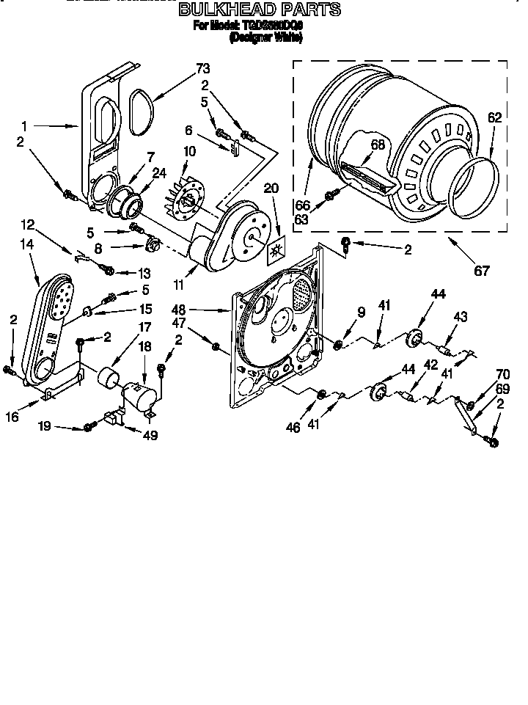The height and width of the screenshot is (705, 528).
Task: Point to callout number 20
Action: pyautogui.click(x=271, y=188)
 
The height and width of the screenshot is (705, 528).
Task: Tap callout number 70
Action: pyautogui.click(x=503, y=373)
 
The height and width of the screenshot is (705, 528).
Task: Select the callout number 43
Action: pyautogui.click(x=460, y=317)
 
